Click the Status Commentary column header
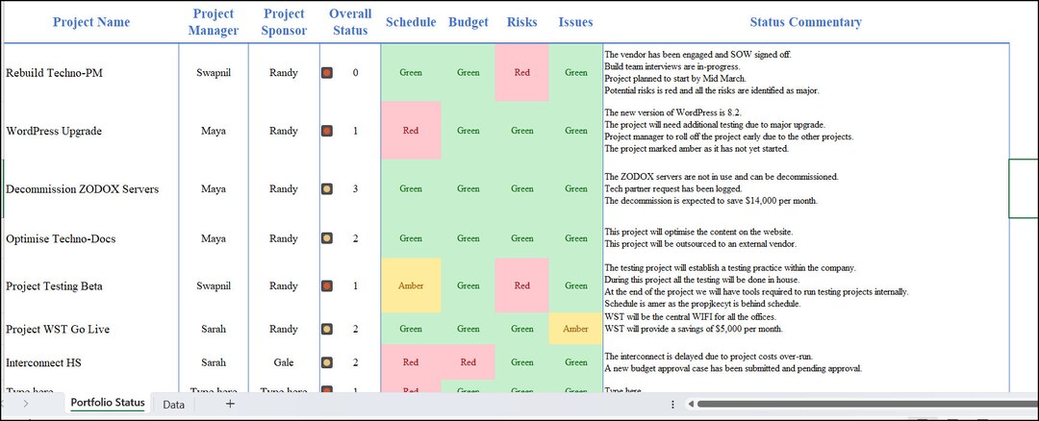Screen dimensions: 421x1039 point(805,22)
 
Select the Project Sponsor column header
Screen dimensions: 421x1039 point(284,22)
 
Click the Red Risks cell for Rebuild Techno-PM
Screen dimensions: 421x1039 point(521,72)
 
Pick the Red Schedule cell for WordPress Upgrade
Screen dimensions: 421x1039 point(411,131)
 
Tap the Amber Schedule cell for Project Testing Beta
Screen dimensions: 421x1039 point(411,285)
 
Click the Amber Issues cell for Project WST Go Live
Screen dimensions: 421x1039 point(575,329)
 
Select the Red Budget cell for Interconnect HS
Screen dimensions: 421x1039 point(468,362)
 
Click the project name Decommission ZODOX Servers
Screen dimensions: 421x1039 point(82,188)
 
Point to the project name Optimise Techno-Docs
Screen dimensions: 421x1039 point(61,237)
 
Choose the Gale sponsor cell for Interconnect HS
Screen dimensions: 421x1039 point(284,362)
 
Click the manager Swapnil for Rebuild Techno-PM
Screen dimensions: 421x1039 point(214,72)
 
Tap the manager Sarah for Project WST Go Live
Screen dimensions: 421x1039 point(214,329)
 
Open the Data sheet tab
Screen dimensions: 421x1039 point(174,405)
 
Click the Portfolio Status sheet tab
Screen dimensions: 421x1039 point(108,403)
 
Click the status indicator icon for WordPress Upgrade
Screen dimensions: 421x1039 point(327,131)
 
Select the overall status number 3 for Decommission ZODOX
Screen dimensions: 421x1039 point(355,188)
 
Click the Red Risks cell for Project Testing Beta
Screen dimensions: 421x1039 point(521,285)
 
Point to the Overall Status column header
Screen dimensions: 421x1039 point(349,22)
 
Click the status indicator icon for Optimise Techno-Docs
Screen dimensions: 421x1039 point(327,237)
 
